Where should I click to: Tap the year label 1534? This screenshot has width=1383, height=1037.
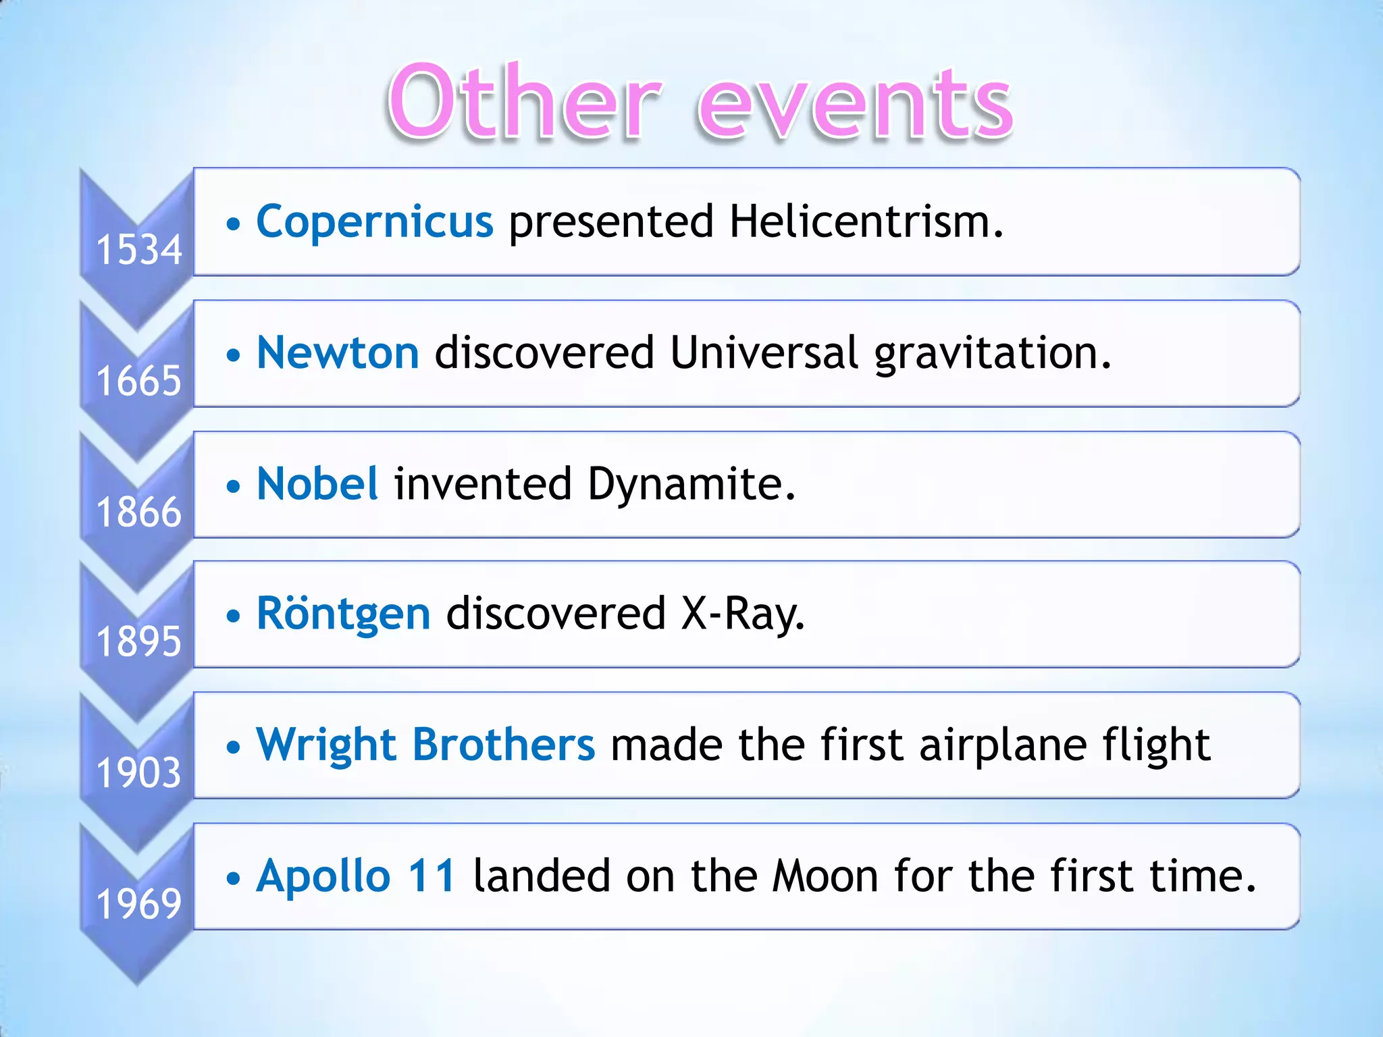click(x=139, y=250)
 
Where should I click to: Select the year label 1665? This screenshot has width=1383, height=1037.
click(x=139, y=381)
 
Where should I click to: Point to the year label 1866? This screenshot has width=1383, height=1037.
click(x=139, y=512)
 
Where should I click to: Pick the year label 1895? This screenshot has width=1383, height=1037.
click(x=139, y=641)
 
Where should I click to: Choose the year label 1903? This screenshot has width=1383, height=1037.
click(x=139, y=772)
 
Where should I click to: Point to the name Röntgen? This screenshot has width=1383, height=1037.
click(x=343, y=614)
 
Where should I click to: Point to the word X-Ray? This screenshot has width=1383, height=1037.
click(x=743, y=614)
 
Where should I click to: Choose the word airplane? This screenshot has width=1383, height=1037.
click(x=1003, y=745)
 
